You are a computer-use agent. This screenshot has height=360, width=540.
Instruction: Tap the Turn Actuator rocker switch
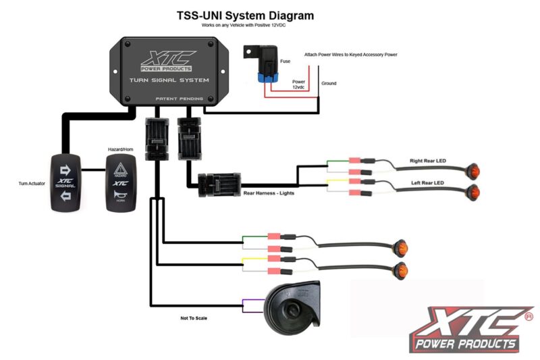point(65,183)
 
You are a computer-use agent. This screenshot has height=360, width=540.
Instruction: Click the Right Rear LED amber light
point(473,170)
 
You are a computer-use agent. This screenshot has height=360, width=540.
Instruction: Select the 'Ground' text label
point(329,84)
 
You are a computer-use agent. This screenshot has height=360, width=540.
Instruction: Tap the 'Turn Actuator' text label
point(32,183)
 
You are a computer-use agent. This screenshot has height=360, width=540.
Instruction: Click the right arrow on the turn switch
point(65,169)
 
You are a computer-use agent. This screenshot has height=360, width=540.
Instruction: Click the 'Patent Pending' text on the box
point(175,99)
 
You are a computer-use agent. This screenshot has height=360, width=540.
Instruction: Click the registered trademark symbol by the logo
point(529,315)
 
